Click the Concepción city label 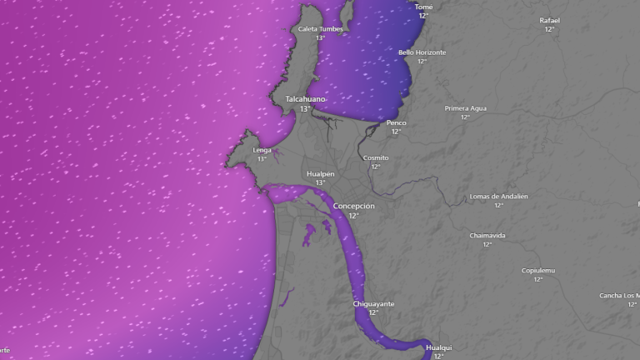click(x=353, y=206)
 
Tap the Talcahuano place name click(x=305, y=99)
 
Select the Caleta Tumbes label click(x=320, y=29)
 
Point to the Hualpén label click(x=320, y=173)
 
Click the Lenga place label click(x=262, y=150)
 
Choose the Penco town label click(x=396, y=122)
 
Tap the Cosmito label click(x=376, y=157)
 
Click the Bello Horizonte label click(x=422, y=52)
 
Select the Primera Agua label click(x=465, y=108)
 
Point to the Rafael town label click(x=549, y=20)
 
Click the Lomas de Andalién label click(x=498, y=197)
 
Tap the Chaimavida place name click(x=487, y=236)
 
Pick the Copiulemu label click(x=537, y=270)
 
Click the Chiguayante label click(x=373, y=304)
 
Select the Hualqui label click(x=438, y=347)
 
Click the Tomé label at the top click(x=423, y=7)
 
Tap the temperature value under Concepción click(x=353, y=216)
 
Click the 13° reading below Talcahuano click(x=305, y=109)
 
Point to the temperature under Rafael click(x=549, y=29)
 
